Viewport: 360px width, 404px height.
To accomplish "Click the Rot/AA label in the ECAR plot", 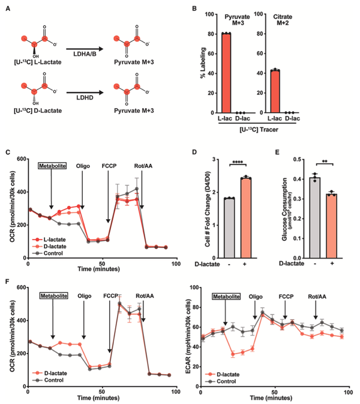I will pos(316,296).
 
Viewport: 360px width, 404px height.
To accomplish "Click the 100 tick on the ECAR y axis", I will pos(192,288).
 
